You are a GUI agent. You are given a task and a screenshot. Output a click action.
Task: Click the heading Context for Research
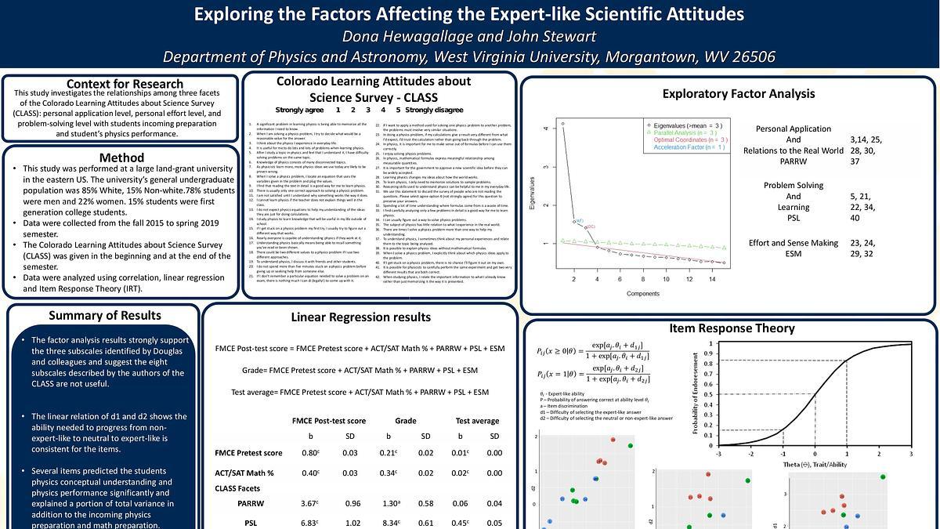coord(125,84)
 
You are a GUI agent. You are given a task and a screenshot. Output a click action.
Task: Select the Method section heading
coord(121,157)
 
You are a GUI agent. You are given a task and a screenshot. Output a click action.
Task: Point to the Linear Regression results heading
coord(360,317)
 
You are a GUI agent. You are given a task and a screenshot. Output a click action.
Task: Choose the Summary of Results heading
coord(105,316)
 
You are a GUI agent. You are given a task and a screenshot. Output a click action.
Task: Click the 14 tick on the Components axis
coord(711,279)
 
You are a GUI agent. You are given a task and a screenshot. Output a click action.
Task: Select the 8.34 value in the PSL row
coord(389,523)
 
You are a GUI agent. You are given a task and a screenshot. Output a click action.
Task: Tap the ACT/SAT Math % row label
coord(244,473)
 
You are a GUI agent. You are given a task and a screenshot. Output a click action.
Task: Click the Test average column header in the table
coord(477,421)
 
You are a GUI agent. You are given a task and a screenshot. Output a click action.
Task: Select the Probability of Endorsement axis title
coord(696,392)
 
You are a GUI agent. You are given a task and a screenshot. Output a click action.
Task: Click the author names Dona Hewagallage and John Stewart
coord(469,36)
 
